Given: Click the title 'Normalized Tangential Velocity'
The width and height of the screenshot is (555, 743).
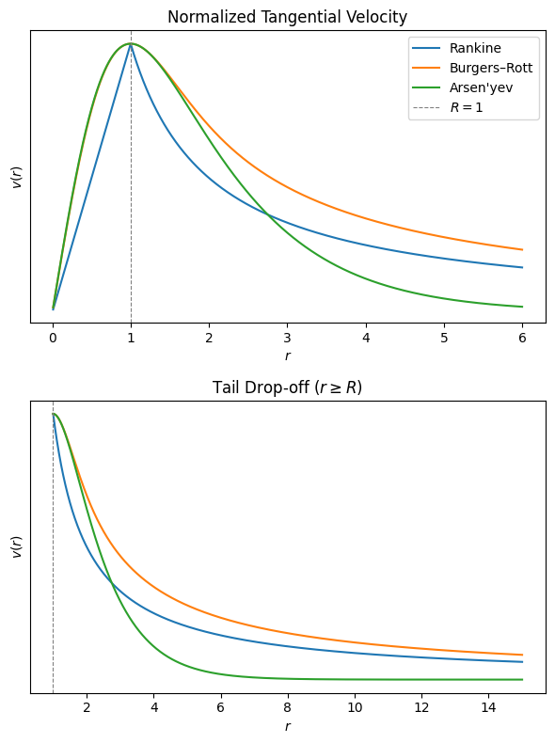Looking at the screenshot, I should tap(287, 16).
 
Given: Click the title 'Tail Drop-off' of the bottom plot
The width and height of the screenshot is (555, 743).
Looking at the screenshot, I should tap(287, 387).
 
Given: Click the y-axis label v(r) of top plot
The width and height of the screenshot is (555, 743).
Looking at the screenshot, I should tap(16, 176).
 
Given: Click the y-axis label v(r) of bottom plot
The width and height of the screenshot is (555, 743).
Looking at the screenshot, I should tap(16, 546).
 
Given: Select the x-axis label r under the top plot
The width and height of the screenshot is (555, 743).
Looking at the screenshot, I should tap(288, 356).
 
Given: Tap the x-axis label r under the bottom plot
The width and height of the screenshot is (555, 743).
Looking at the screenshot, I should tap(288, 726).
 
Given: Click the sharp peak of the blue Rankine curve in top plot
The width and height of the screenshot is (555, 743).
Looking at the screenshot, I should tap(131, 44).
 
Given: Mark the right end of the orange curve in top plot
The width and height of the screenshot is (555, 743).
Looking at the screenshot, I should tap(522, 250).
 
